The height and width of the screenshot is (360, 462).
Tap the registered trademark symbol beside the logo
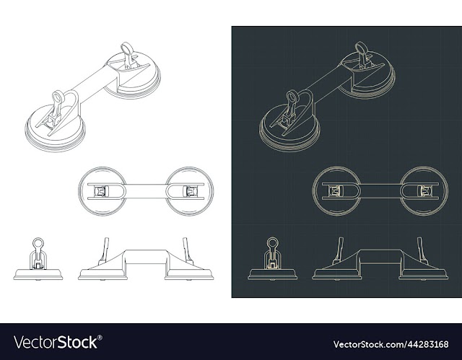(100, 338)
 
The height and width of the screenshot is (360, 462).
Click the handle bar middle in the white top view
(146, 191)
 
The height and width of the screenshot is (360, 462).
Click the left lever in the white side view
(104, 251)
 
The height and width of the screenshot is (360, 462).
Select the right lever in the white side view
(188, 251)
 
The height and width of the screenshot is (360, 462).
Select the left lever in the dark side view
(339, 250)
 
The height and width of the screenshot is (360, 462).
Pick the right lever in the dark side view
(422, 250)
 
